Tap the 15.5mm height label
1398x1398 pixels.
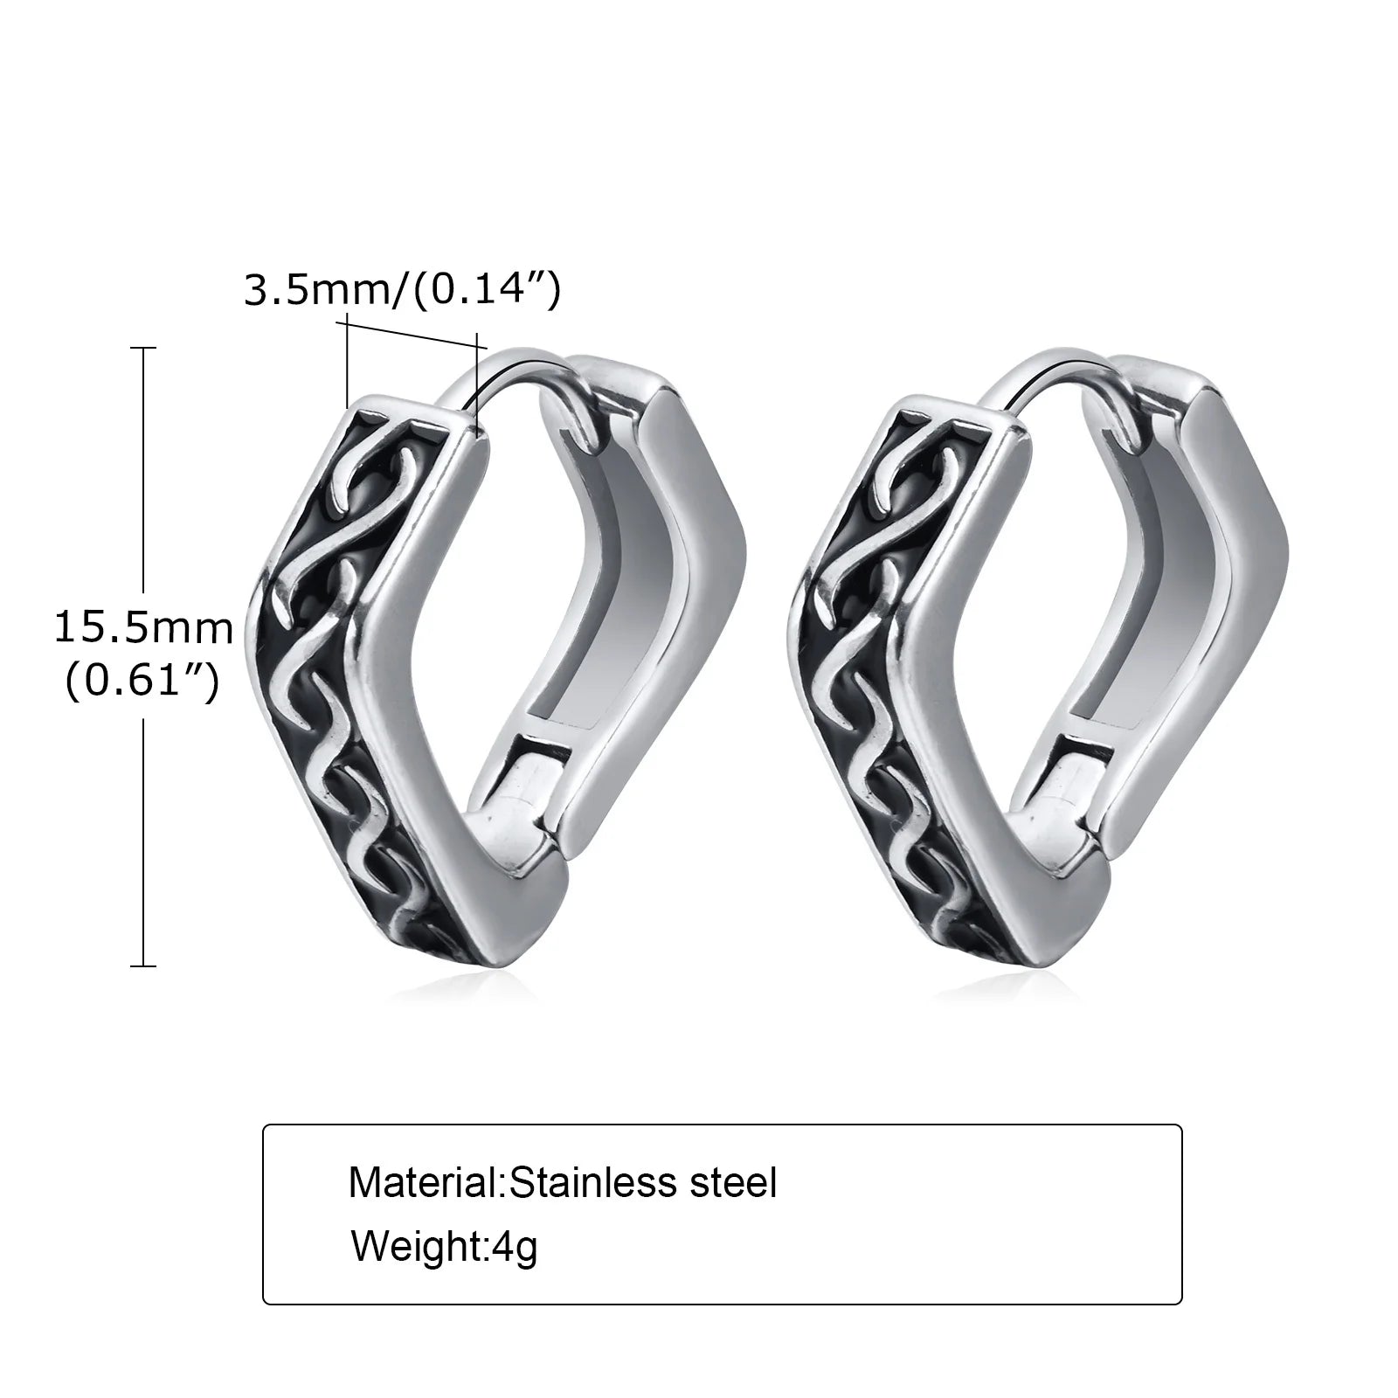(x=144, y=628)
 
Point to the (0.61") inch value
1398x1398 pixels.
(x=142, y=679)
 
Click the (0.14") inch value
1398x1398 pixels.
(x=485, y=289)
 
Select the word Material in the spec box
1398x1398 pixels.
(x=424, y=1183)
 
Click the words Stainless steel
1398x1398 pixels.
(x=643, y=1183)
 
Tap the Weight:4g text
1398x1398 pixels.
(x=444, y=1246)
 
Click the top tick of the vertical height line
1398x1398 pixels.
(x=142, y=348)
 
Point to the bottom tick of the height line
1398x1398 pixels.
(x=142, y=965)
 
